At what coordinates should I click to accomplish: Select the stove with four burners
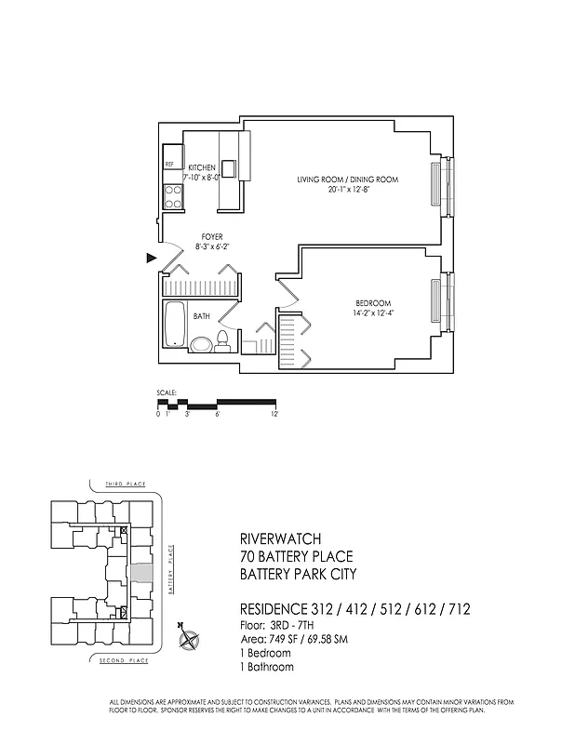point(173,195)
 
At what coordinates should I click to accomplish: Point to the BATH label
point(202,317)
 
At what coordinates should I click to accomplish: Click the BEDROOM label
point(372,303)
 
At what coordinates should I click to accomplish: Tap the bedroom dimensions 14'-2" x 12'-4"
point(372,314)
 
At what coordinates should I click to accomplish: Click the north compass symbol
point(190,638)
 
